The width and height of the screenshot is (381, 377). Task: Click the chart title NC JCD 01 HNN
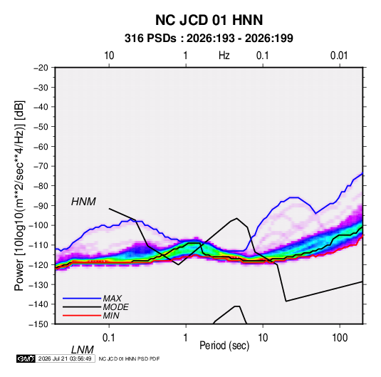209,20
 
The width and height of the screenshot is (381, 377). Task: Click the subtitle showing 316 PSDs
209,38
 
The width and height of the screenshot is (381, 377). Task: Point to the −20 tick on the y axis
41,68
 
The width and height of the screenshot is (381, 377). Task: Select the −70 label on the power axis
41,166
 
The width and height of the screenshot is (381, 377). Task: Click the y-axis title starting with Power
19,196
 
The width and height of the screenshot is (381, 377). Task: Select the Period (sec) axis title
224,346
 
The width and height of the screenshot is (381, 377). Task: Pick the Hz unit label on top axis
224,56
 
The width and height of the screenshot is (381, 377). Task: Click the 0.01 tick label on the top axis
339,56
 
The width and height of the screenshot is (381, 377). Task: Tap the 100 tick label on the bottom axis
340,337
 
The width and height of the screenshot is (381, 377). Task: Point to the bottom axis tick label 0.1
109,337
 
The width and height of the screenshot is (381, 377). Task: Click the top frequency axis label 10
109,56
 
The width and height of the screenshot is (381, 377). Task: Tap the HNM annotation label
83,202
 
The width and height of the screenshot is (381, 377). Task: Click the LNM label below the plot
83,350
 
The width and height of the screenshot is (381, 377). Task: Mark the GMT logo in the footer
26,358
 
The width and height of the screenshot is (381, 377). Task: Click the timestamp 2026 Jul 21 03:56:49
65,358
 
